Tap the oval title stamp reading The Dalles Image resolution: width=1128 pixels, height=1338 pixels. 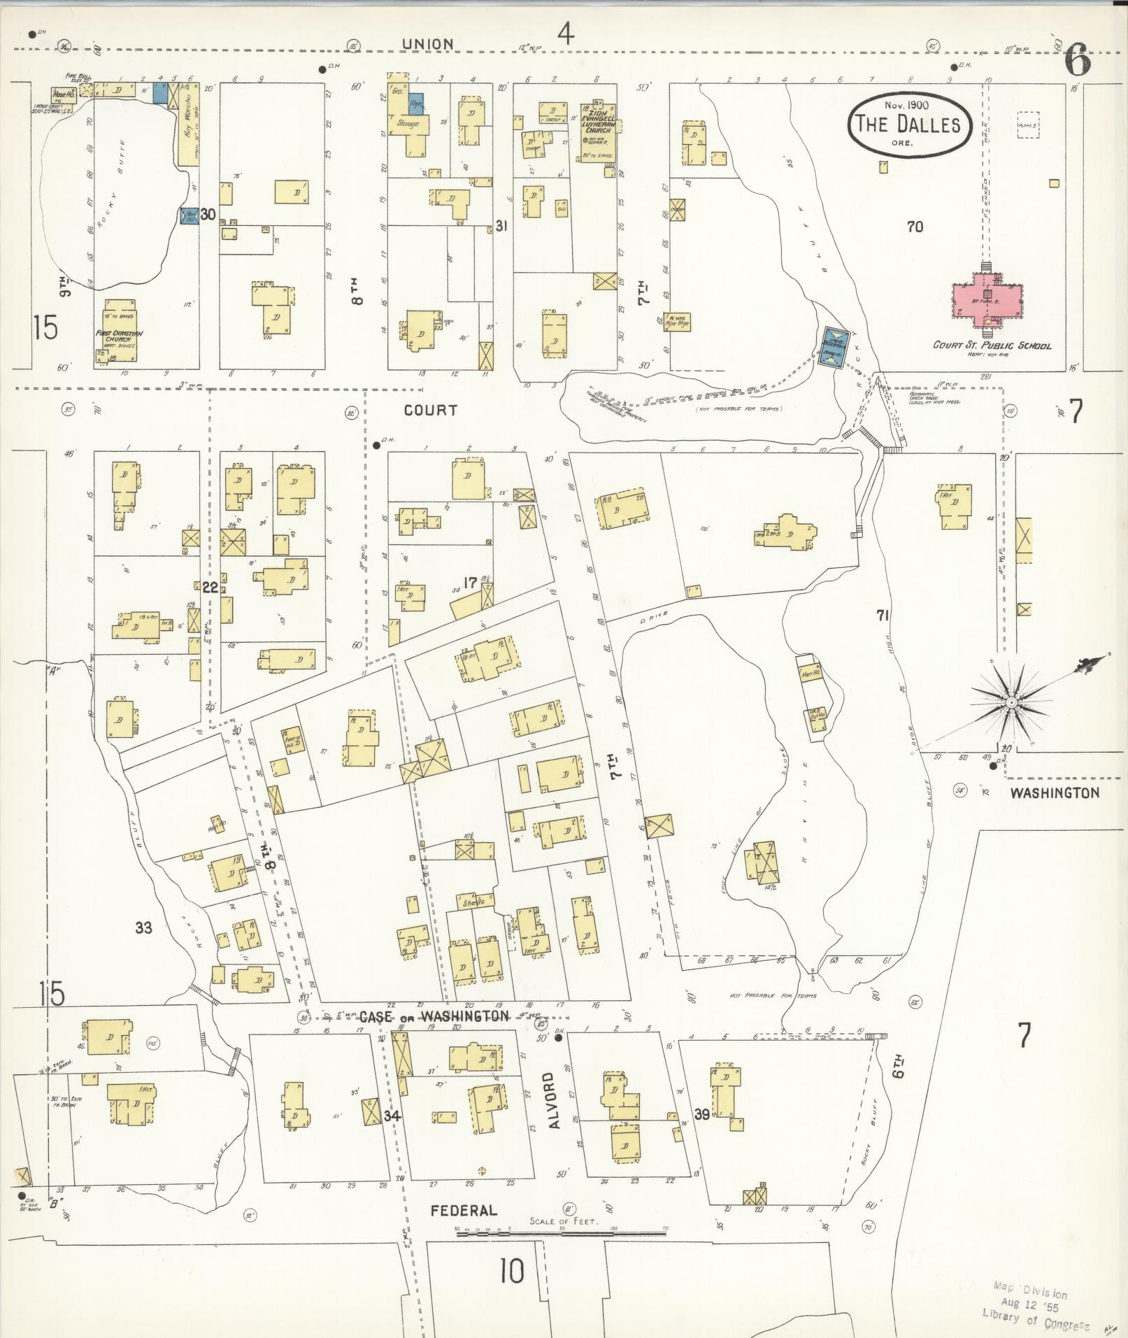click(909, 124)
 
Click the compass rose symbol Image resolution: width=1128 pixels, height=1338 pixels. click(1011, 701)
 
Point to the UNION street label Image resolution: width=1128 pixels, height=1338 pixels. click(427, 43)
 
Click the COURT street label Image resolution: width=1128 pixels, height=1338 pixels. click(430, 411)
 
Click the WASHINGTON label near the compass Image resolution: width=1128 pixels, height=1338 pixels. click(1055, 792)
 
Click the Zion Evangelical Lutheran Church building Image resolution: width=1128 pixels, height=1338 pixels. click(598, 133)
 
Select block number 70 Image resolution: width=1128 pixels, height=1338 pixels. click(914, 226)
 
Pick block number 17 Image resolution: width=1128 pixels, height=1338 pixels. click(469, 581)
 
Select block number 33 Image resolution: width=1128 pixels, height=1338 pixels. click(143, 928)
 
